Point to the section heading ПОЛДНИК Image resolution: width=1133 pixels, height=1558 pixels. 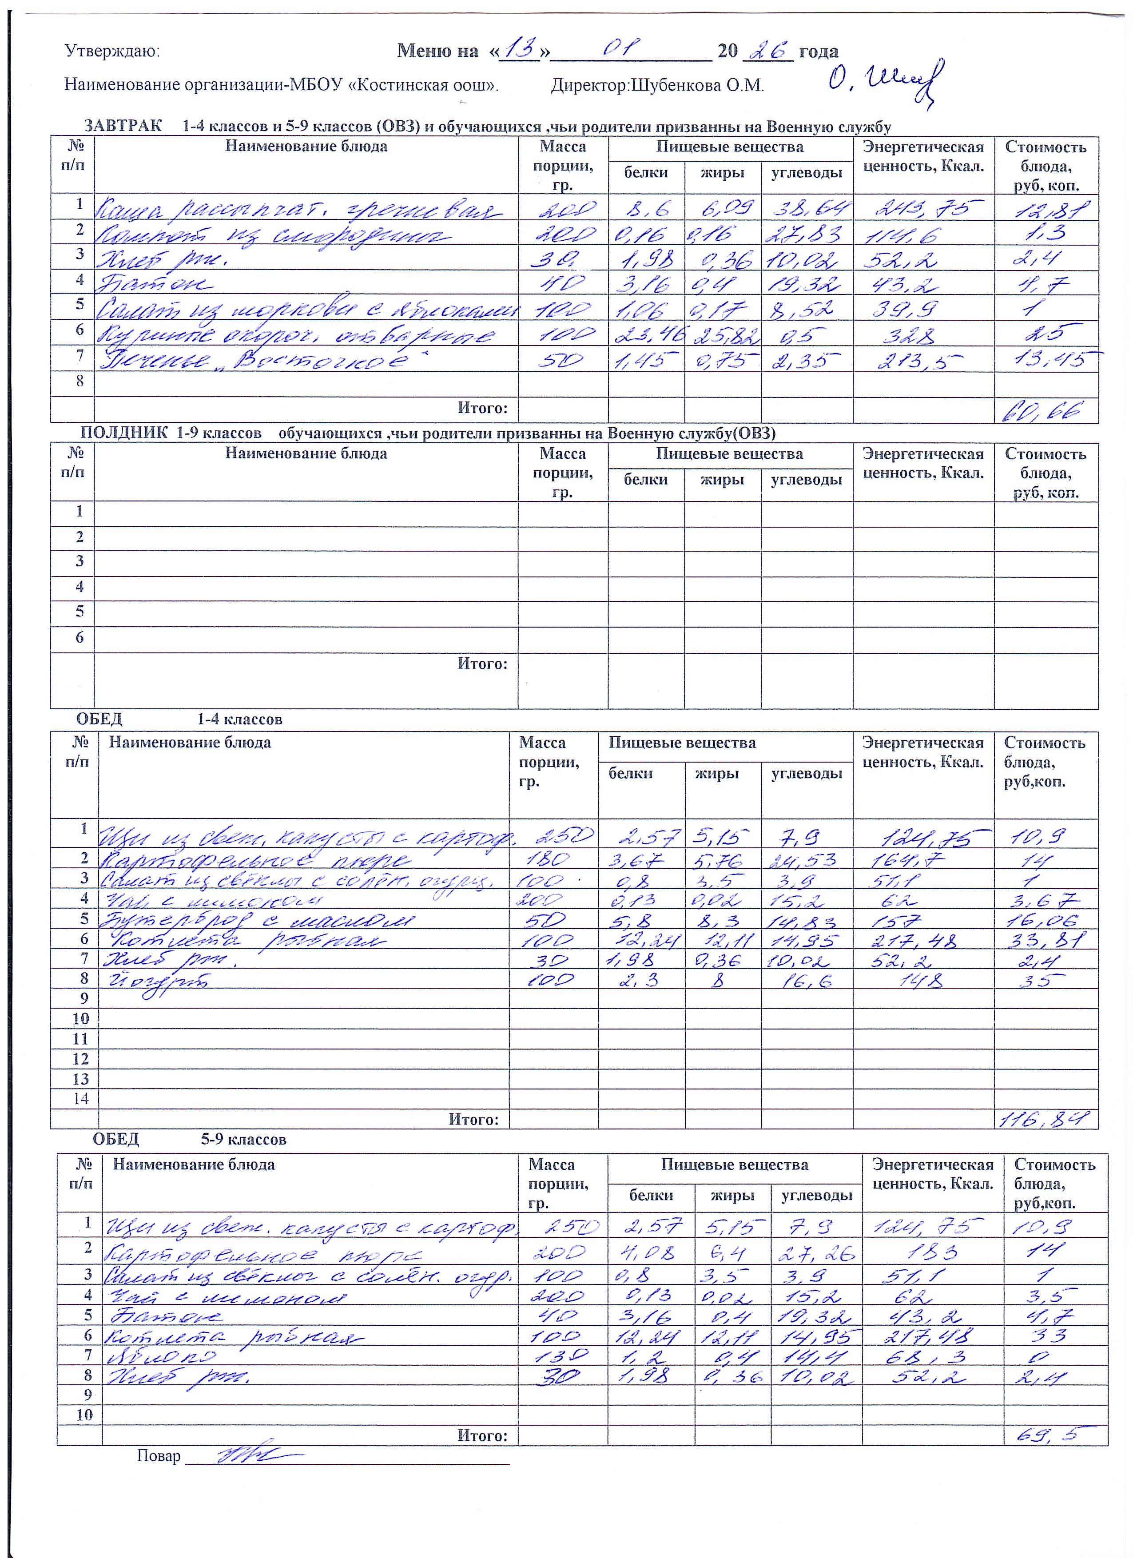coord(123,433)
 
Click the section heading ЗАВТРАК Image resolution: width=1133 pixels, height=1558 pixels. coord(123,127)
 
